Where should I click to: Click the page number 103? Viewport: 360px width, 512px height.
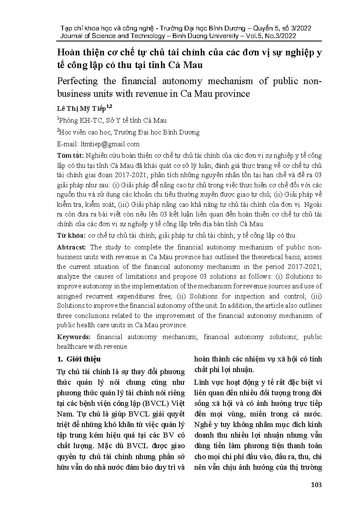316,485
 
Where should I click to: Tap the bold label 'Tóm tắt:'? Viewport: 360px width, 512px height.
70,156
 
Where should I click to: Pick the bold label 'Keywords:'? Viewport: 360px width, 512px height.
74,337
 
